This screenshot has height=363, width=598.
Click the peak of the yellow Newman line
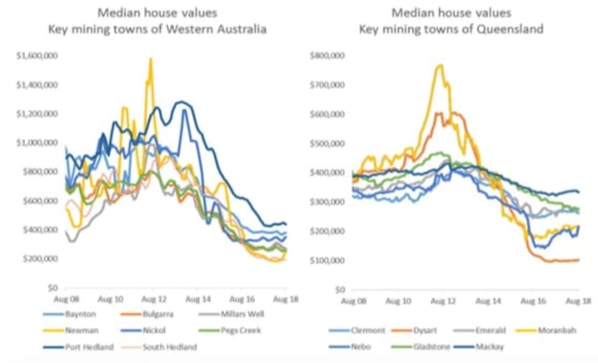151,59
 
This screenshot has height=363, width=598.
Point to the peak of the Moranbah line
441,65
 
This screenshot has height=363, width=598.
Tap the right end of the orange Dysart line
578,259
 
